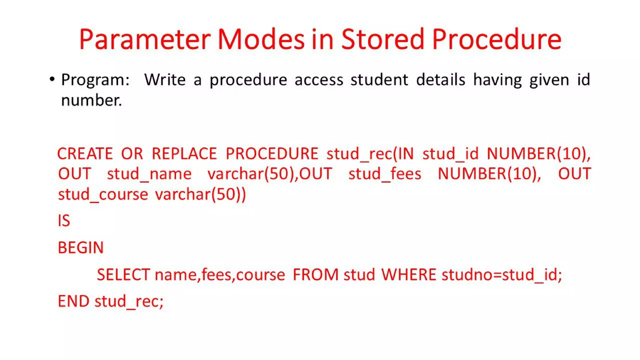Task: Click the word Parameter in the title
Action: [145, 39]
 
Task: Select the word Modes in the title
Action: [261, 39]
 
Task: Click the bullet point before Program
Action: [52, 79]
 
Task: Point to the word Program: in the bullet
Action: [95, 80]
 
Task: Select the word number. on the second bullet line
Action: [91, 100]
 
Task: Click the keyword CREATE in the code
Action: [85, 154]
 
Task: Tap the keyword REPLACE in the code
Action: [184, 154]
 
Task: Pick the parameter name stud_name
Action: [149, 174]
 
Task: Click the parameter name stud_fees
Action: [385, 174]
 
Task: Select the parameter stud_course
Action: [103, 195]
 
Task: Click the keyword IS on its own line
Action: [64, 221]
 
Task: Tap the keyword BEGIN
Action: [81, 248]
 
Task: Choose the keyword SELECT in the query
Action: [123, 275]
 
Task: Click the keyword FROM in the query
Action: [316, 275]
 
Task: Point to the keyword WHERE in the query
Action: [408, 275]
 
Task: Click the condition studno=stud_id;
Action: [502, 275]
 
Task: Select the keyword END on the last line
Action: [73, 301]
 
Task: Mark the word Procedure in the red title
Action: [497, 39]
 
